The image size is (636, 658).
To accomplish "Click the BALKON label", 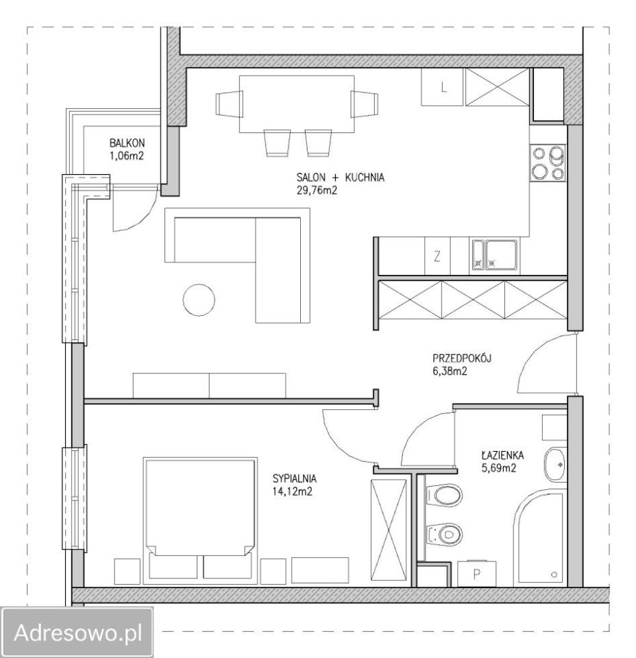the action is pyautogui.click(x=127, y=143).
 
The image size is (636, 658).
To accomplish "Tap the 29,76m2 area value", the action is pyautogui.click(x=317, y=191).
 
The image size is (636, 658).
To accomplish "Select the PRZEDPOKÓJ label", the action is pyautogui.click(x=462, y=358).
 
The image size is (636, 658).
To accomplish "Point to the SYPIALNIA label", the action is pyautogui.click(x=295, y=478).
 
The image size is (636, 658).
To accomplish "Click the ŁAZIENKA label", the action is pyautogui.click(x=502, y=455).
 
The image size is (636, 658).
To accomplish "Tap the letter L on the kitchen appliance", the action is pyautogui.click(x=444, y=88).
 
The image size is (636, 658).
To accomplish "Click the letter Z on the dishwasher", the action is pyautogui.click(x=437, y=256).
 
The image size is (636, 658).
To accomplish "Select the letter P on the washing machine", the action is pyautogui.click(x=476, y=574).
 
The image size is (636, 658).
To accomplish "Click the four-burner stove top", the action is pyautogui.click(x=548, y=163).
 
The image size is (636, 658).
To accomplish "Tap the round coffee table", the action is pyautogui.click(x=199, y=300).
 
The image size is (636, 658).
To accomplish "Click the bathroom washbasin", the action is pyautogui.click(x=555, y=465).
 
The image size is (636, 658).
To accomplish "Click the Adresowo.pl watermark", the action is pyautogui.click(x=78, y=632).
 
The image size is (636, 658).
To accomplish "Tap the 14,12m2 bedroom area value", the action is pyautogui.click(x=293, y=491).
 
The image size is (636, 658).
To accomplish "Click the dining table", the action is pyautogui.click(x=297, y=104).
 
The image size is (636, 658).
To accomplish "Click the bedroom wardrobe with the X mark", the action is pyautogui.click(x=389, y=530).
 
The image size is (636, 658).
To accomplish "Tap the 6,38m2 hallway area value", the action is pyautogui.click(x=450, y=371).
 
